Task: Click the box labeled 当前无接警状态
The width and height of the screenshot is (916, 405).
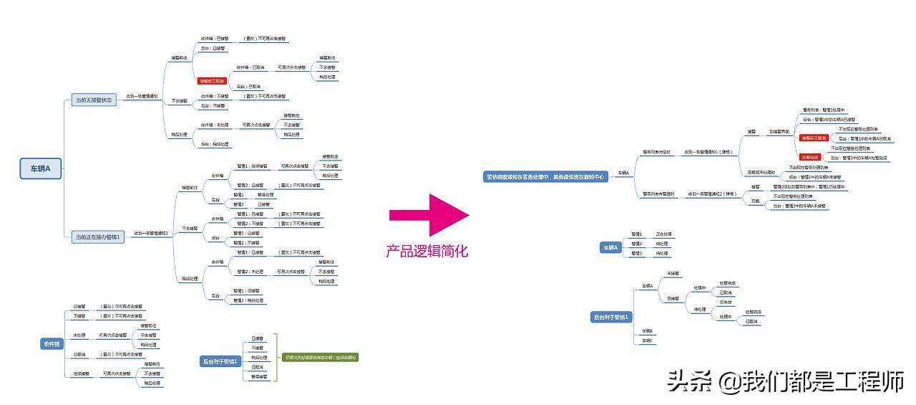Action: (94, 100)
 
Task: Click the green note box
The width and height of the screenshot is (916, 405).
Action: (321, 357)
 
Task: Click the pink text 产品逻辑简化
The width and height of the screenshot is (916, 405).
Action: (427, 251)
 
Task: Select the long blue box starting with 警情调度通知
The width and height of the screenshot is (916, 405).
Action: (546, 176)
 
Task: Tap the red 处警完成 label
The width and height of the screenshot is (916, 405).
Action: (809, 157)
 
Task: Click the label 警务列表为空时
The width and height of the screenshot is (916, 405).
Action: (656, 152)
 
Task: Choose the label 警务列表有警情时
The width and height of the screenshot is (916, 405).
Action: (659, 194)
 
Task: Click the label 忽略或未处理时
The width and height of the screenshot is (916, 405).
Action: (761, 172)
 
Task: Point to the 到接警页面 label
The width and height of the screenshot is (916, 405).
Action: (779, 132)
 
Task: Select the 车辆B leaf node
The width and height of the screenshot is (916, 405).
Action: (647, 330)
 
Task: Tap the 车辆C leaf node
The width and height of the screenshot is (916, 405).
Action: (647, 340)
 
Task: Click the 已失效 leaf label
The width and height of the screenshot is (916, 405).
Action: (726, 302)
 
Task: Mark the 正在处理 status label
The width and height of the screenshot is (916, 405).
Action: (663, 234)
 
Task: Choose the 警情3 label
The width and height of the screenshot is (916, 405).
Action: (637, 253)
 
